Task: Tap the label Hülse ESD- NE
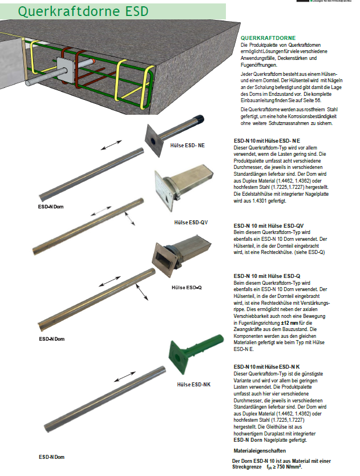[188, 145]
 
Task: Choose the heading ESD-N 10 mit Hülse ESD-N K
[268, 366]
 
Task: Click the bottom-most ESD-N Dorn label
[51, 457]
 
